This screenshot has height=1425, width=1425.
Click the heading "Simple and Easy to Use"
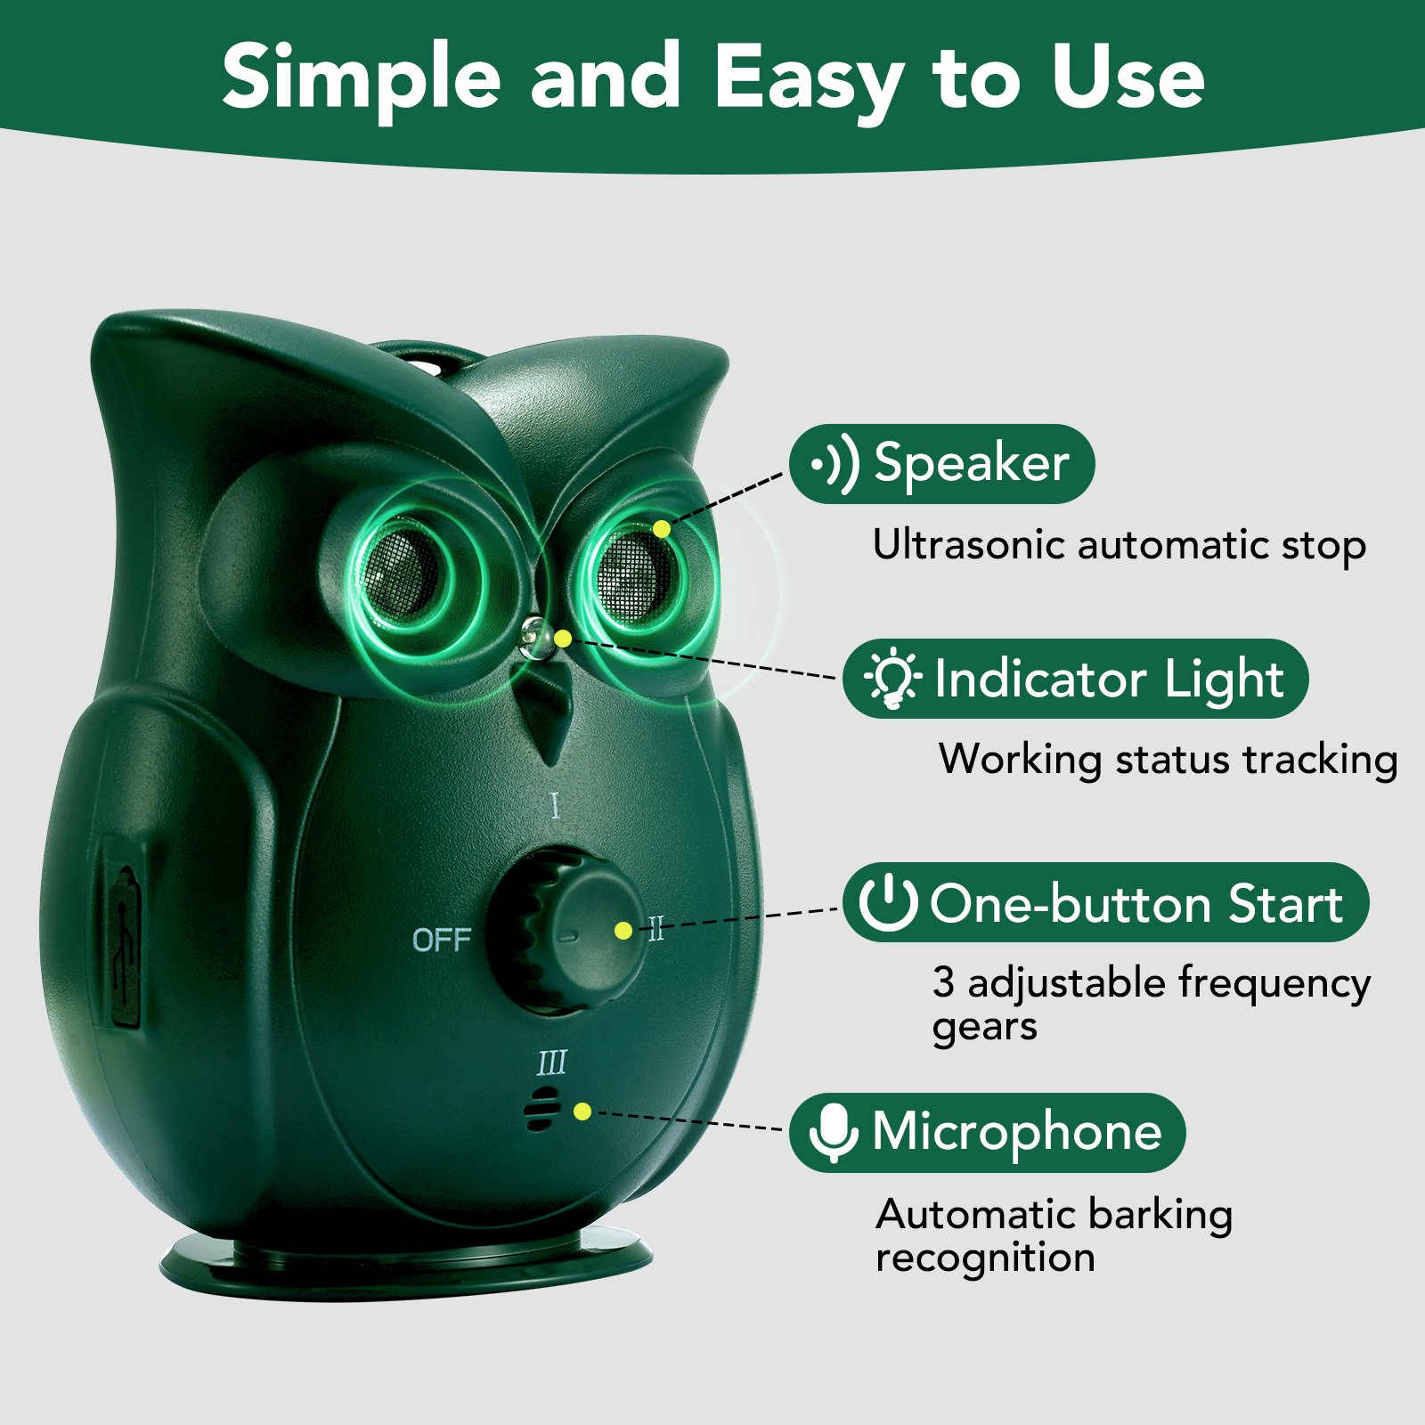click(712, 78)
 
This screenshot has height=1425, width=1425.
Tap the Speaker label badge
click(942, 464)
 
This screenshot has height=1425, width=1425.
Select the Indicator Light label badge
click(1075, 680)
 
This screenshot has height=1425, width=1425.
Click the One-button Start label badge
click(1105, 903)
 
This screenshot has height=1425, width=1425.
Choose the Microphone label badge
click(987, 1132)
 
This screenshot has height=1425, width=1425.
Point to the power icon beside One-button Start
click(887, 902)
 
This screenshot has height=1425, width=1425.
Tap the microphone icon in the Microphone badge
click(833, 1132)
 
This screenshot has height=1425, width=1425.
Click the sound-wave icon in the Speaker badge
click(835, 464)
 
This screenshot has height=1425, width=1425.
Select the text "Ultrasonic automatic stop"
click(1119, 545)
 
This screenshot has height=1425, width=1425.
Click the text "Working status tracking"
click(1168, 760)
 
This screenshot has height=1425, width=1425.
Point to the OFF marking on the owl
click(441, 940)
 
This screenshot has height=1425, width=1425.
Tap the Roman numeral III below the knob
click(552, 1063)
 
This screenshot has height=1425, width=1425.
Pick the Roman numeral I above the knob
click(556, 806)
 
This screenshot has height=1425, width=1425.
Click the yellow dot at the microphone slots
click(582, 1111)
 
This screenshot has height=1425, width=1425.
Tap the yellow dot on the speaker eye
click(661, 530)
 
